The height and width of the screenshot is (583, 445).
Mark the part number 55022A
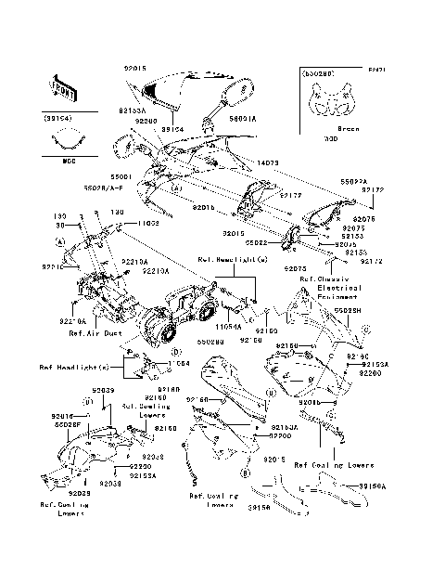coord(353,182)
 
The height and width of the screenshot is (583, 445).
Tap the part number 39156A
coord(373,486)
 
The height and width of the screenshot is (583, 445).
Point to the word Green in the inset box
coord(349,128)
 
